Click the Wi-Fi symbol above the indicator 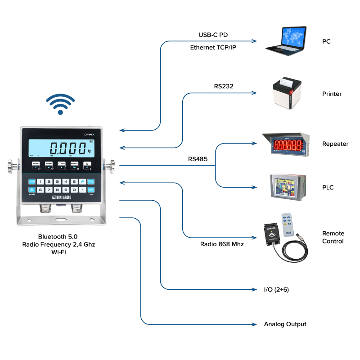(x=60, y=104)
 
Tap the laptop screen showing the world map (x=293, y=36)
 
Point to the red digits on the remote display (x=288, y=145)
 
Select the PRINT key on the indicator (x=74, y=165)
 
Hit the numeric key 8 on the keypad (x=57, y=189)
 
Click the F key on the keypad (x=82, y=181)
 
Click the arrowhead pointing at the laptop (x=254, y=41)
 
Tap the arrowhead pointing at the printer (x=254, y=93)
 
